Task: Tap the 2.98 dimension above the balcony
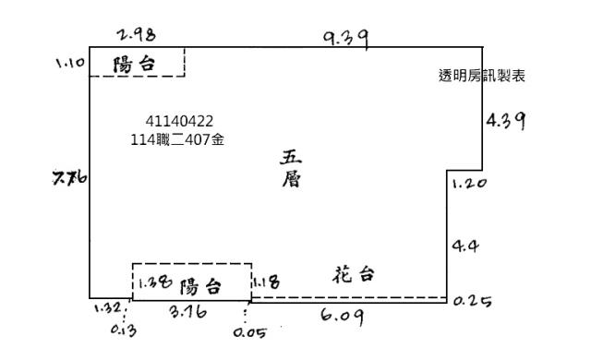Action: [136, 35]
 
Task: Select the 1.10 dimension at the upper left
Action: [70, 66]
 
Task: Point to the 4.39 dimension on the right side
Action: [506, 121]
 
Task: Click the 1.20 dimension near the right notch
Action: [468, 184]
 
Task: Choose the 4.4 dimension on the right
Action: [463, 246]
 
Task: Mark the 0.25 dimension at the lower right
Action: [473, 301]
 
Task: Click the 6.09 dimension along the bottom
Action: [341, 316]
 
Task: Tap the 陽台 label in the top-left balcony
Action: [132, 65]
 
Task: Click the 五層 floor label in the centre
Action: [291, 170]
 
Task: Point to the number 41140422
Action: [180, 121]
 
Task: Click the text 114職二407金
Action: [179, 139]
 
